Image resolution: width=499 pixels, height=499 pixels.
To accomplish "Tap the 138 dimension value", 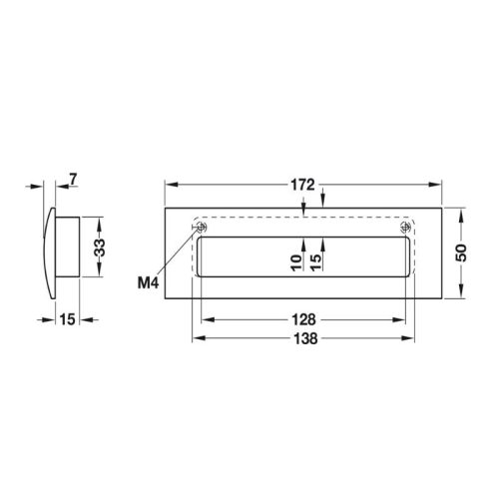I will click(x=304, y=339).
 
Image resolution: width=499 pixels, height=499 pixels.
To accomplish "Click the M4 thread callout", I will click(x=149, y=283).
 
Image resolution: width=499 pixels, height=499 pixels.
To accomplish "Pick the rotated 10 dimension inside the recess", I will click(x=295, y=262).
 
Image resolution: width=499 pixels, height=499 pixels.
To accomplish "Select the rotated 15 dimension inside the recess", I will click(x=315, y=262).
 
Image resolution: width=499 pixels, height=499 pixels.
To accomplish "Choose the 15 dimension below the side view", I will click(x=67, y=319).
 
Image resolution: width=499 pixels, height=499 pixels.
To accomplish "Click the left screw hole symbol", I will click(x=199, y=229).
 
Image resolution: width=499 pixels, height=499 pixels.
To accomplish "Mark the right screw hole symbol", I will click(x=404, y=229).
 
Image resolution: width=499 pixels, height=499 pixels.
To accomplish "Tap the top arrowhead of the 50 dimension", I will click(x=461, y=213).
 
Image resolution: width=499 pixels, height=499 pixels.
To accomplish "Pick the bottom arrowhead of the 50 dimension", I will click(x=461, y=296).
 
